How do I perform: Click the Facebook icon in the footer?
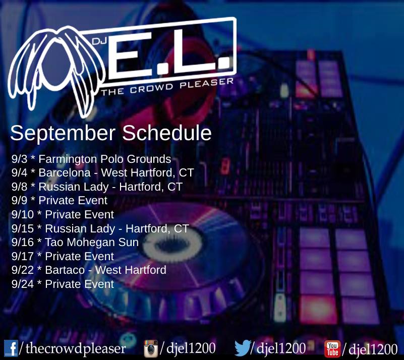coord(11,348)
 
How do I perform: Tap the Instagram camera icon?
coord(151,348)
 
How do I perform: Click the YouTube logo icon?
coord(332,349)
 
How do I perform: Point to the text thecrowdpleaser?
coord(76,348)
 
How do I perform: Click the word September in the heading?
coord(63,133)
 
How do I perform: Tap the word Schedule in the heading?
coord(167,133)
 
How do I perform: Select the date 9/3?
coord(19,159)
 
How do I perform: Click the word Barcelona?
coord(65,173)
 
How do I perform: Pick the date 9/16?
coord(22,243)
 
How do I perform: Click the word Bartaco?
coord(65,270)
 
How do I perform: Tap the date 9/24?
coord(22,284)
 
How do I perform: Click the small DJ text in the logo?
coord(99,41)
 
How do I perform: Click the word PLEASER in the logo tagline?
coord(207,83)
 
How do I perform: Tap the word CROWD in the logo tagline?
coord(151,88)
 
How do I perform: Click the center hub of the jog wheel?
coord(172,244)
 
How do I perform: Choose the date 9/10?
coord(22,214)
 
